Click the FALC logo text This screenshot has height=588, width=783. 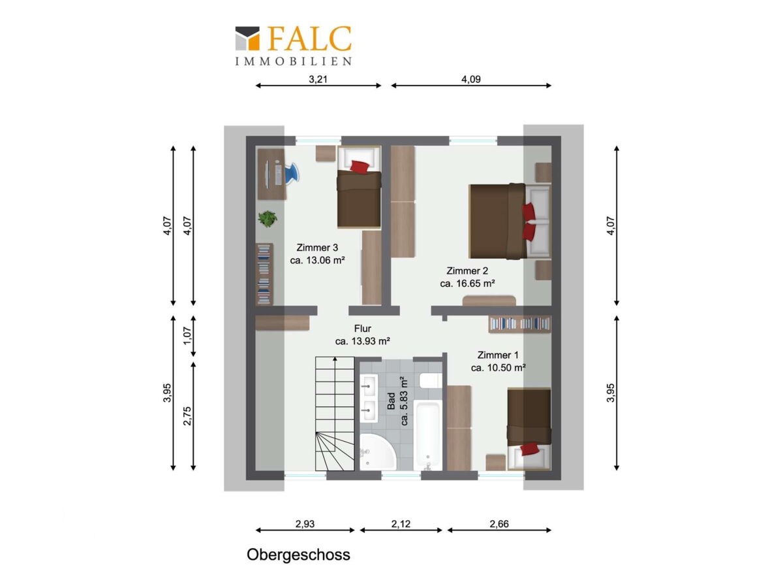pyautogui.click(x=309, y=38)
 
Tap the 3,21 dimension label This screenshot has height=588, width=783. pyautogui.click(x=318, y=79)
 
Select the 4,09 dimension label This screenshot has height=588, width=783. pyautogui.click(x=471, y=79)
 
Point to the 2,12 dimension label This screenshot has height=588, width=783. pyautogui.click(x=401, y=524)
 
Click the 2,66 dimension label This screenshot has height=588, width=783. pyautogui.click(x=499, y=524)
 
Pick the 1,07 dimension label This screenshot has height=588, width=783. pyautogui.click(x=187, y=336)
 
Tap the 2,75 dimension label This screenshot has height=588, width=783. pyautogui.click(x=187, y=416)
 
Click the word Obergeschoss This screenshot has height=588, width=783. pyautogui.click(x=298, y=555)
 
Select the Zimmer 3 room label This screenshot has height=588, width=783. pyautogui.click(x=317, y=248)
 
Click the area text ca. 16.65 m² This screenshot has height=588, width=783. pyautogui.click(x=467, y=284)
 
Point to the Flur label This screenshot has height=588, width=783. pyautogui.click(x=362, y=329)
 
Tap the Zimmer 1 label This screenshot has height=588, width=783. pyautogui.click(x=498, y=355)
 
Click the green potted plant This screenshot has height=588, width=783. pyautogui.click(x=268, y=218)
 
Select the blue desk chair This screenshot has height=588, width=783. pyautogui.click(x=291, y=172)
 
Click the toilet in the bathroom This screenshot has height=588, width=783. pyautogui.click(x=431, y=381)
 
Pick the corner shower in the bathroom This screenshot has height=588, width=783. pyautogui.click(x=377, y=452)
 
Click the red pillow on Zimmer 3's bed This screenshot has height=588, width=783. pyautogui.click(x=360, y=167)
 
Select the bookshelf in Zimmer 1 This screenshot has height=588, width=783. pyautogui.click(x=519, y=325)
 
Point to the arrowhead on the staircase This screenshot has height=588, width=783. pyautogui.click(x=335, y=359)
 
